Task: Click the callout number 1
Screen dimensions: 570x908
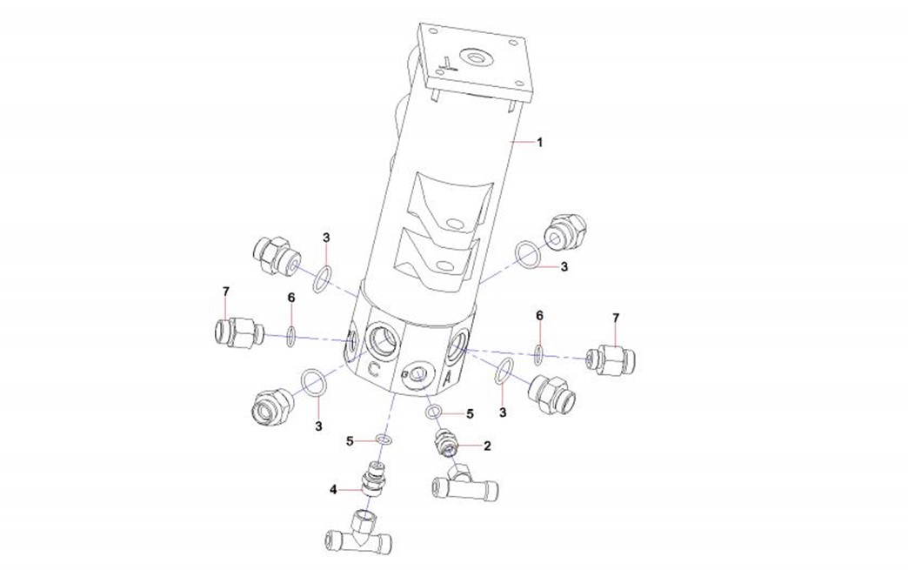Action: click(x=539, y=142)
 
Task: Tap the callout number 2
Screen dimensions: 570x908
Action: click(x=487, y=446)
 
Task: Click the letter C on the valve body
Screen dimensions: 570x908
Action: click(x=373, y=368)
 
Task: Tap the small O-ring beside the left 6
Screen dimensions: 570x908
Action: click(x=291, y=334)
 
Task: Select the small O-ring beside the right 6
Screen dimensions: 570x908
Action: click(x=539, y=353)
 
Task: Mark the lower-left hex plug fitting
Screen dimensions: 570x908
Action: click(x=268, y=406)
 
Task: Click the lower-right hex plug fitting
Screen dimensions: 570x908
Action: click(x=554, y=392)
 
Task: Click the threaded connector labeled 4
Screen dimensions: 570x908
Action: click(x=376, y=479)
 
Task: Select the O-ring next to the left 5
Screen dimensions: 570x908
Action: click(x=383, y=440)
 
